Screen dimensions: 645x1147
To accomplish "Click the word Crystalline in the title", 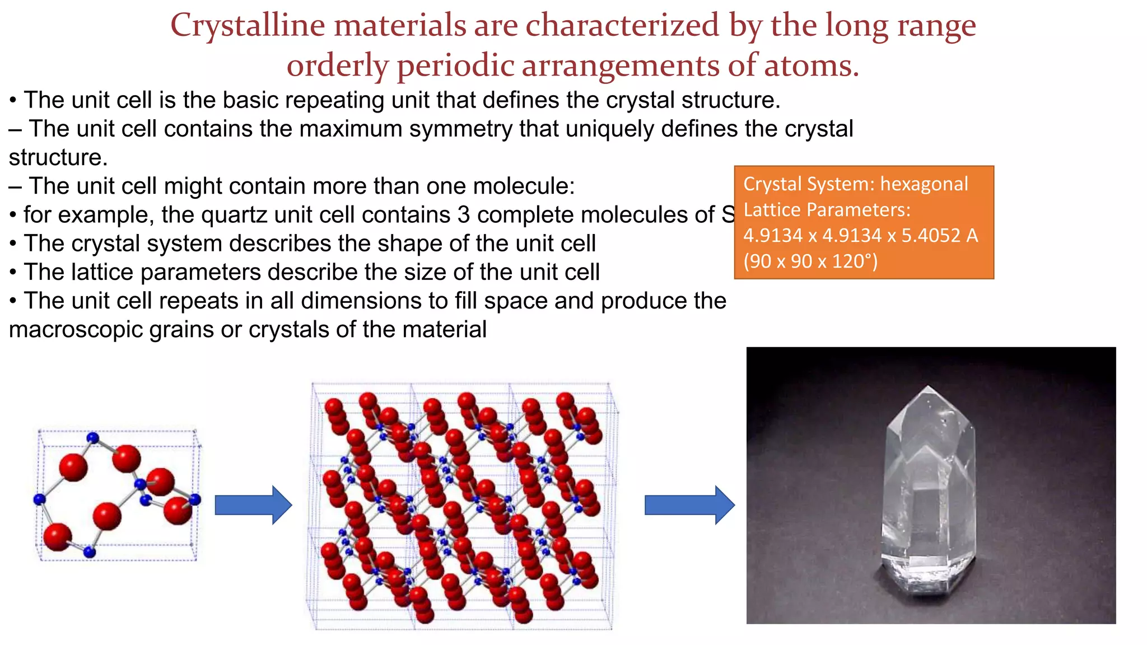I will (248, 26).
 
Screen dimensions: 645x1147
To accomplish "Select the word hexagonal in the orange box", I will (924, 184).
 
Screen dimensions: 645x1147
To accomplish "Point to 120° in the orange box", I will (855, 261).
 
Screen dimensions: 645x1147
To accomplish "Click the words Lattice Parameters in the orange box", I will (827, 210).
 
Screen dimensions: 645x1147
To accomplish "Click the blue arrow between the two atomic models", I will (253, 505).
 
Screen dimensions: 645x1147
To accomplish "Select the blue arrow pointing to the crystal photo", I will (689, 505).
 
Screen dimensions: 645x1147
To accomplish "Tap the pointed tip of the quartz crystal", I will (929, 388).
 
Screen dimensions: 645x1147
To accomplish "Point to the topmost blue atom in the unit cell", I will (93, 438).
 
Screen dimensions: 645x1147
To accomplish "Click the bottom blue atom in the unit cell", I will (89, 553).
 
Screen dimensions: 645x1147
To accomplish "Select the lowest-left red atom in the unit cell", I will (57, 537).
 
